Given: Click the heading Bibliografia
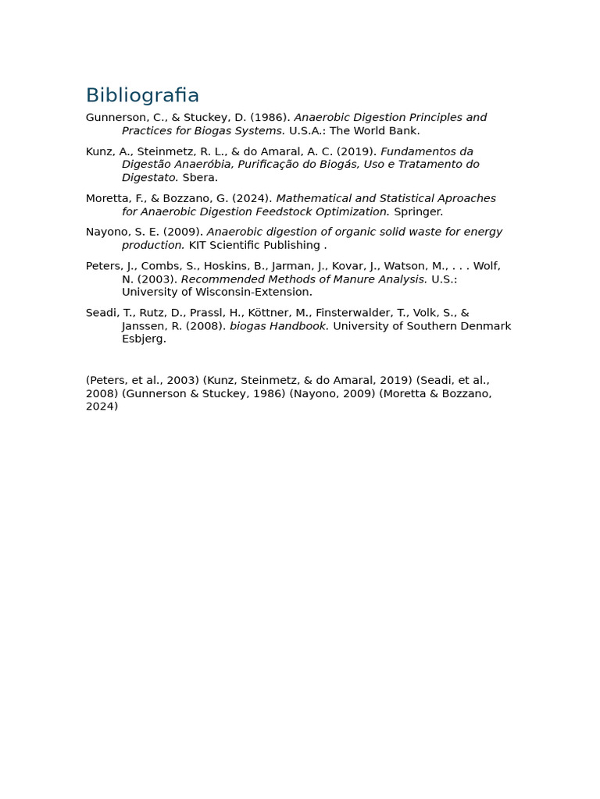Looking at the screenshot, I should (142, 96).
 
